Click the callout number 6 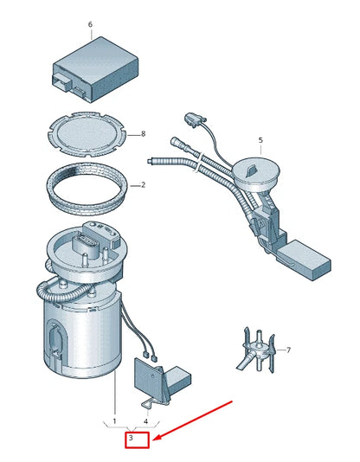[x=90, y=24]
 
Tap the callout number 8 [x=143, y=134]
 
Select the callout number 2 [x=143, y=185]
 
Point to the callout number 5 [x=260, y=140]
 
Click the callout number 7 [x=288, y=350]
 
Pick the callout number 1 [x=114, y=421]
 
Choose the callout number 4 [x=145, y=421]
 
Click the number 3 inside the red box [x=131, y=438]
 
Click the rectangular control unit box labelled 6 [x=95, y=69]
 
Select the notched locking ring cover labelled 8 [x=87, y=134]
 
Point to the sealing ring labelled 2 [x=87, y=189]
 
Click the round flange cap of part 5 [x=255, y=174]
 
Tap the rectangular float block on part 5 [x=305, y=260]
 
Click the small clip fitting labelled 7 [x=257, y=350]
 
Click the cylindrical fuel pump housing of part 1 [x=82, y=333]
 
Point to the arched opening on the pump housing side [x=55, y=336]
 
